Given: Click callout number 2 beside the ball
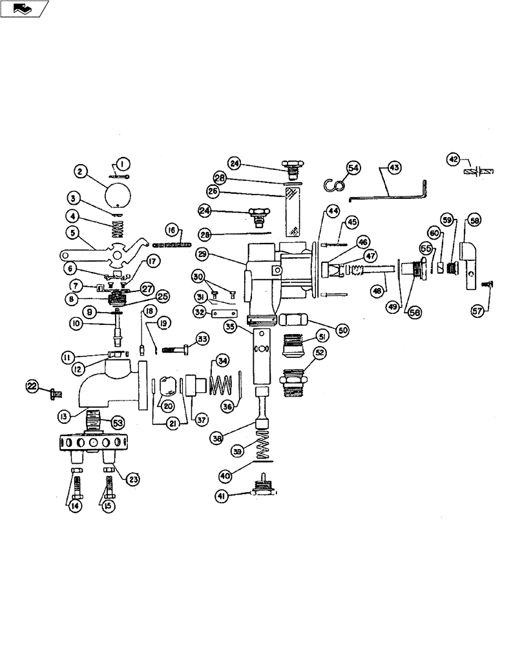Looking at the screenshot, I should tap(80, 171).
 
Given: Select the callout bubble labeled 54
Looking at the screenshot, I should tap(353, 167).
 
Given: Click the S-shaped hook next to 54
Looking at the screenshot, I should tap(333, 186).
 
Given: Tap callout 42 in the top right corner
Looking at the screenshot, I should tap(454, 159).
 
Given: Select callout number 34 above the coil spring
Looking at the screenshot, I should tap(222, 360).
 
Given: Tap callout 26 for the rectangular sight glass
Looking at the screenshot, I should tap(213, 191).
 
